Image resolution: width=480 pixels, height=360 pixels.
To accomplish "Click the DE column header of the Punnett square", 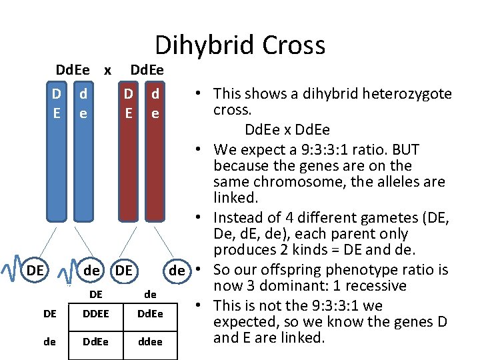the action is (96, 294).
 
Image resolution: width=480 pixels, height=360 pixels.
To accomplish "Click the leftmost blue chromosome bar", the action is (57, 160).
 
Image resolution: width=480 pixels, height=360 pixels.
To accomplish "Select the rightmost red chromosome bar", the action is (155, 160).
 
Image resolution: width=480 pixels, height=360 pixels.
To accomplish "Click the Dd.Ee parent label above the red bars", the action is (147, 69).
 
